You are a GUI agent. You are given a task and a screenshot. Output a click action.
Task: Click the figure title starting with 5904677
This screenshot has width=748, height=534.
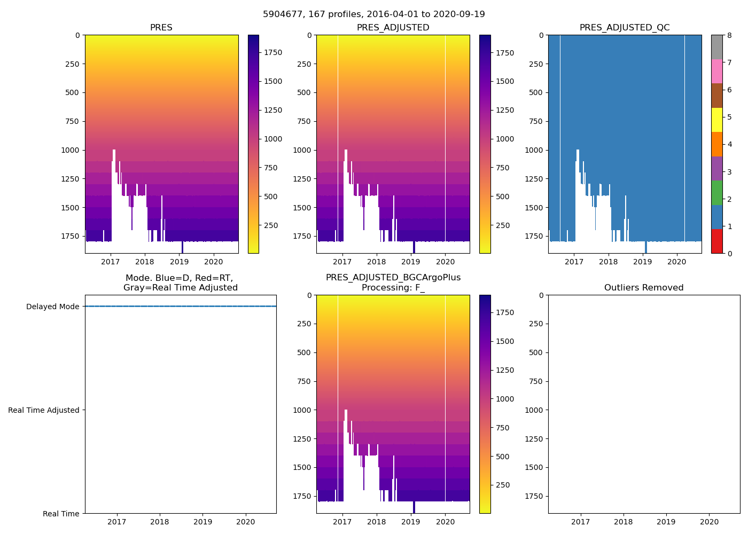point(373,14)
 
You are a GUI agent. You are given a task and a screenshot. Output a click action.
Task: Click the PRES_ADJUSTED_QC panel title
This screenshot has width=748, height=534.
point(625,28)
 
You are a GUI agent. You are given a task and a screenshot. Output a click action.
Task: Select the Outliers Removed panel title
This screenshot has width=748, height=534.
point(644,288)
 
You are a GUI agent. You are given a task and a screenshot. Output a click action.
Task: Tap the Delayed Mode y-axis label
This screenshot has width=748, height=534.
point(52,307)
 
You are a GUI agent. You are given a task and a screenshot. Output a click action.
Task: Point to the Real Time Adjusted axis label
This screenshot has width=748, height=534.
point(44,410)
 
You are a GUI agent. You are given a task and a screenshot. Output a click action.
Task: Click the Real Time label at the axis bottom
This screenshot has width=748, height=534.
point(61,514)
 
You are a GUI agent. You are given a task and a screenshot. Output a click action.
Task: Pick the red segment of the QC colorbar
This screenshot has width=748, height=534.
point(716,241)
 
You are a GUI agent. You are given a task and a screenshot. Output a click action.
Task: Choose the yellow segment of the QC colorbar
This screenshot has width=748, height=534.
point(716,120)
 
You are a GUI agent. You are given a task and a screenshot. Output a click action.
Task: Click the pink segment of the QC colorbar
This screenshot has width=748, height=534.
point(716,71)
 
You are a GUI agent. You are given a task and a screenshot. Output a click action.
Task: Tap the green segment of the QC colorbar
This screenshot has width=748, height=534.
point(716,192)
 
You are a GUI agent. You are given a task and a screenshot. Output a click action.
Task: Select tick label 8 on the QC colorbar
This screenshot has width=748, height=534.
point(729,35)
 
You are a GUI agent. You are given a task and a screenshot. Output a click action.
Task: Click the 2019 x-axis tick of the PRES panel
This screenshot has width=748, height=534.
point(179,262)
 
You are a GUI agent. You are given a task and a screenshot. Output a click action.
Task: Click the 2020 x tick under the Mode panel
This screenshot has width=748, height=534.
point(246,522)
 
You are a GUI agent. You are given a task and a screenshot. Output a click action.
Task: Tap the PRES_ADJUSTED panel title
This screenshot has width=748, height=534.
point(393,28)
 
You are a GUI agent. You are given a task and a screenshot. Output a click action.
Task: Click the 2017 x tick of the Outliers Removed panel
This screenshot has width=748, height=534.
point(581,522)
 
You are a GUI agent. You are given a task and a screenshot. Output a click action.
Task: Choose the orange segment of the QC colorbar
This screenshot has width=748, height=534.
point(716,144)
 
